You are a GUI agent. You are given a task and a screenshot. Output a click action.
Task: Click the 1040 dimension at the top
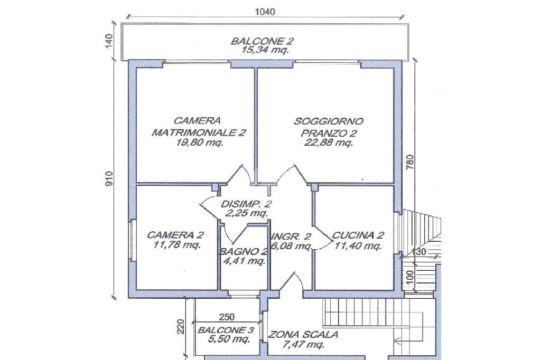pyautogui.click(x=265, y=12)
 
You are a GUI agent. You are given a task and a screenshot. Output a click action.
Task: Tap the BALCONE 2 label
pyautogui.click(x=262, y=41)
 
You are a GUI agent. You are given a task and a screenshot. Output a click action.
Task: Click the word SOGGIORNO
pyautogui.click(x=329, y=121)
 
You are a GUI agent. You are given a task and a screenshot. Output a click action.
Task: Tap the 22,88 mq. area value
pyautogui.click(x=328, y=143)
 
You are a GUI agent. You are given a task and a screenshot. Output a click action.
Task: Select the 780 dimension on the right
pyautogui.click(x=409, y=162)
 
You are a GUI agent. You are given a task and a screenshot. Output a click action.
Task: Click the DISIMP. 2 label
pyautogui.click(x=246, y=204)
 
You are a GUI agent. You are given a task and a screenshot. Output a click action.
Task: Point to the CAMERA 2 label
pyautogui.click(x=175, y=235)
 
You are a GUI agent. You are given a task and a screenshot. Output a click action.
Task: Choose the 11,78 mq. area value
pyautogui.click(x=176, y=245)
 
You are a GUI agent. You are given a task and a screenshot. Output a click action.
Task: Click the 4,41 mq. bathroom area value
pyautogui.click(x=245, y=261)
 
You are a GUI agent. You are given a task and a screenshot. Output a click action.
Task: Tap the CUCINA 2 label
pyautogui.click(x=358, y=235)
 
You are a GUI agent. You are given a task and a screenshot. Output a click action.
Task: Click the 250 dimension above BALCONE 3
pyautogui.click(x=227, y=317)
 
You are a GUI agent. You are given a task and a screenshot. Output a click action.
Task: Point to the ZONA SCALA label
pyautogui.click(x=303, y=335)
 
